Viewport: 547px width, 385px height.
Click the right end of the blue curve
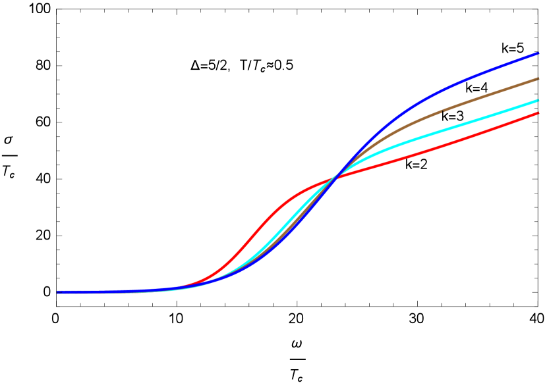click(538, 53)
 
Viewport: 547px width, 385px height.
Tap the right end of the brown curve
click(538, 79)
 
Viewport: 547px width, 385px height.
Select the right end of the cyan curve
click(538, 101)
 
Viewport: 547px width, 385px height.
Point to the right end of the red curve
click(538, 113)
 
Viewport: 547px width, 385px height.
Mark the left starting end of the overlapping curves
click(59, 292)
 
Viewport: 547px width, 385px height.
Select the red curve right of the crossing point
click(448, 143)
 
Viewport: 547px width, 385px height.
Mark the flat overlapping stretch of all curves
click(119, 291)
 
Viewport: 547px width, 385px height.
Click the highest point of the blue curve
click(538, 53)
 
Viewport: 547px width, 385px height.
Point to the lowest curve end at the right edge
click(538, 113)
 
